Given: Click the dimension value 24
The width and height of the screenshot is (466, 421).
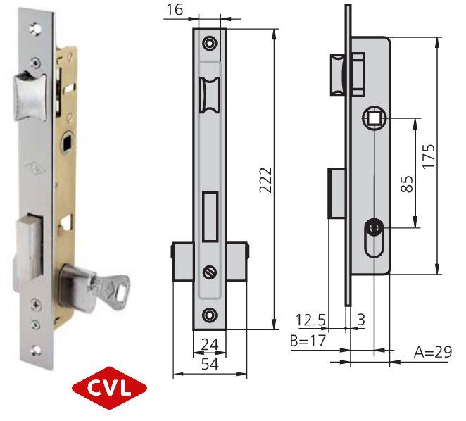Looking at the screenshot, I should [209, 346].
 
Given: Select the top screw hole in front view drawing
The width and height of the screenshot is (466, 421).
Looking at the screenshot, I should [209, 44].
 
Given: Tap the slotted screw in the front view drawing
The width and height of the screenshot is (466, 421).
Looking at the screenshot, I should [209, 272].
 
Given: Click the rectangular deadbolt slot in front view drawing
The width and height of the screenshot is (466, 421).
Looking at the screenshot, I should [209, 215].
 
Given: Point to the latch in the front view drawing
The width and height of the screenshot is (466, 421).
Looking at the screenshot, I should [209, 96].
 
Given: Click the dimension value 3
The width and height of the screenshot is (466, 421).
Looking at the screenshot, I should [362, 320].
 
